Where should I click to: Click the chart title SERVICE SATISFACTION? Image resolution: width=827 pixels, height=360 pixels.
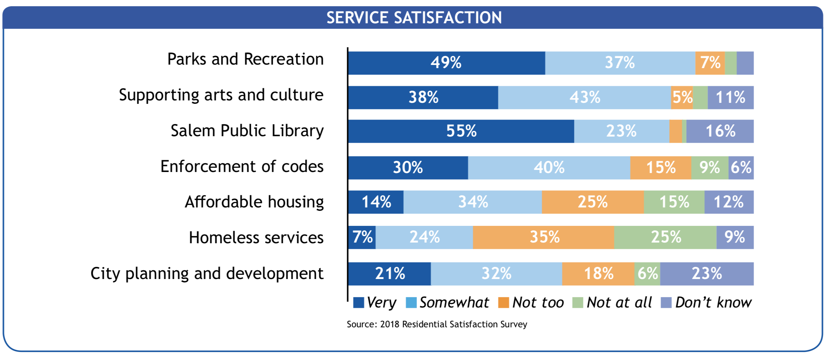point(414,17)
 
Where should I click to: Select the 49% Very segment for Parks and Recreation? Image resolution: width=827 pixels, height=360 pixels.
point(447,63)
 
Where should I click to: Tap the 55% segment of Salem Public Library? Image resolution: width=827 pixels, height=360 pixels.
point(461,131)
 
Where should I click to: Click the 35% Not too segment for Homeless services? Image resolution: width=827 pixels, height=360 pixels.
point(544,237)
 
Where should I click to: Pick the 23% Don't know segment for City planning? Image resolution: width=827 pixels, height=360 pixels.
point(707,274)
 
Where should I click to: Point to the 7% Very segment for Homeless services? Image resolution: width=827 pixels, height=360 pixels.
point(362,237)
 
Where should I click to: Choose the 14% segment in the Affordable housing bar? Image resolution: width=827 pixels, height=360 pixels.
point(376,202)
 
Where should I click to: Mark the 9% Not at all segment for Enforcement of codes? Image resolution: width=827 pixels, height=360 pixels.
point(710,168)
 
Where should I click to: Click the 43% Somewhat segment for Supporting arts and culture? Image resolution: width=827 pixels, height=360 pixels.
point(584,98)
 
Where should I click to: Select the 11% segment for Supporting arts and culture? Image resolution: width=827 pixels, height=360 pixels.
point(730,98)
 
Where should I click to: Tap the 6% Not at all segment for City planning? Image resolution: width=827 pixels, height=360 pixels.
point(647,274)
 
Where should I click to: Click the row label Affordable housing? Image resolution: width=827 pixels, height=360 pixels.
point(254,202)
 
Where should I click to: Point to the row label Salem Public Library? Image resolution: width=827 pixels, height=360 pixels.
point(247,131)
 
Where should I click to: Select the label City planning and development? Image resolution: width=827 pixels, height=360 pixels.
point(207,273)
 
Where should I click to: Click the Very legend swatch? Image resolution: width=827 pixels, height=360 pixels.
point(359,302)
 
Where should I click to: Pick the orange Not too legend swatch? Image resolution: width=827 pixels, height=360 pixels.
point(503,302)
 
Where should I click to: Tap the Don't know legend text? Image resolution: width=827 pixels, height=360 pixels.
point(713,302)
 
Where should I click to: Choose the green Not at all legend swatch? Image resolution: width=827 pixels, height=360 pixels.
point(578,302)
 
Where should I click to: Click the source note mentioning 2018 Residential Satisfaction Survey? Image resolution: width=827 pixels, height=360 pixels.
point(437,324)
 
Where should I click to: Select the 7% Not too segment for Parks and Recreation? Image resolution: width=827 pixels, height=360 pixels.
point(710,63)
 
